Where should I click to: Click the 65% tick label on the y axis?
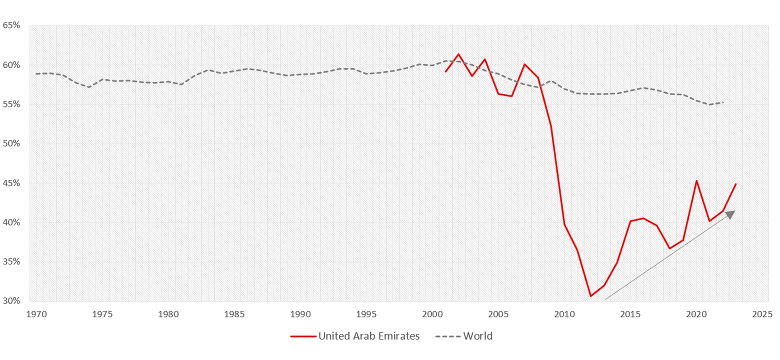(11, 25)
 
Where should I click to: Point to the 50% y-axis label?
(11, 143)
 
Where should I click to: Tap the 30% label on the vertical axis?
(11, 301)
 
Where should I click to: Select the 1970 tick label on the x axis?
(36, 314)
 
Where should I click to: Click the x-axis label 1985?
(234, 314)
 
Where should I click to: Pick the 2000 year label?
(432, 314)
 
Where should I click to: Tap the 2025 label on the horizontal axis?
(762, 314)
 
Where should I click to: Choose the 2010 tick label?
(564, 314)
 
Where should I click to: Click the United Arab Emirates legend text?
(369, 336)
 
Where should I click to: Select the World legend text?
(478, 336)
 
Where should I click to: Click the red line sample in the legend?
(303, 336)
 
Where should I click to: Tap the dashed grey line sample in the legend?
(448, 336)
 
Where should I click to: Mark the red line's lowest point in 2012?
(591, 296)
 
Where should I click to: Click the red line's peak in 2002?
(458, 54)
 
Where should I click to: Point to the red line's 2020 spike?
(696, 180)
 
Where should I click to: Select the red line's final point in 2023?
(736, 184)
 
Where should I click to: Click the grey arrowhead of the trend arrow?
(731, 214)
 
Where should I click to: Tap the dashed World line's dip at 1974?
(89, 87)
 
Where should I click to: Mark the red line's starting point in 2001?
(445, 72)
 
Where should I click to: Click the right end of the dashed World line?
(723, 102)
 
